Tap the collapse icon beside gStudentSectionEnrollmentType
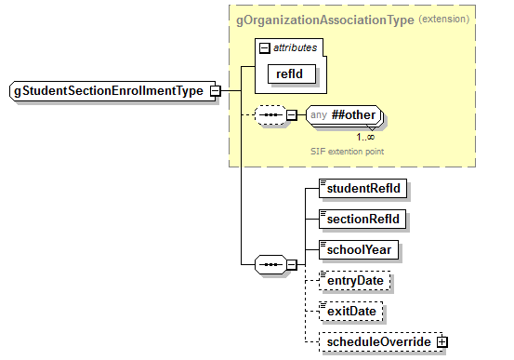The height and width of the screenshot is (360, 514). point(215,91)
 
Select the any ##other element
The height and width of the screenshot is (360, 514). point(344,116)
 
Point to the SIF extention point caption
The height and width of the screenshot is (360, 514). point(347,150)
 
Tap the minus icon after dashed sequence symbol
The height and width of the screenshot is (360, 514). point(291,116)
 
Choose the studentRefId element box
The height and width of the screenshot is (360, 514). point(363,187)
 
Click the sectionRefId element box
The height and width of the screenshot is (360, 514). point(363,218)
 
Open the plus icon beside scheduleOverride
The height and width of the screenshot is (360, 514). point(442,341)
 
